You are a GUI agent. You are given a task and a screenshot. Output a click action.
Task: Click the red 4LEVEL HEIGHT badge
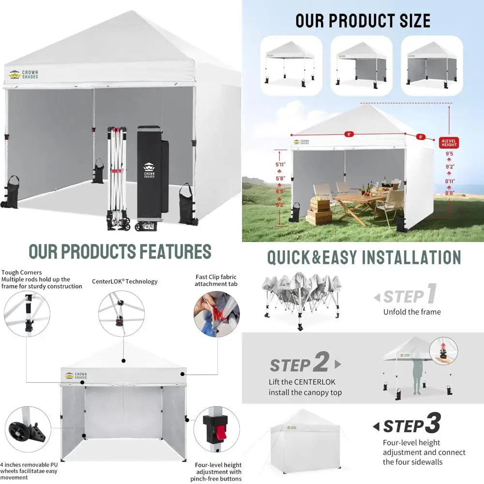coord(449,143)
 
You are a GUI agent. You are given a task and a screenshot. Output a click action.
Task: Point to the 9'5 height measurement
coord(450,154)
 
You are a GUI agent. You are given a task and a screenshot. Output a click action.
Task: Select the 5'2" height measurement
coord(280,205)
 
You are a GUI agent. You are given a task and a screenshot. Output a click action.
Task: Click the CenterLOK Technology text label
coord(124,281)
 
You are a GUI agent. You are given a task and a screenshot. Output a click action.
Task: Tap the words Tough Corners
coord(22,272)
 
